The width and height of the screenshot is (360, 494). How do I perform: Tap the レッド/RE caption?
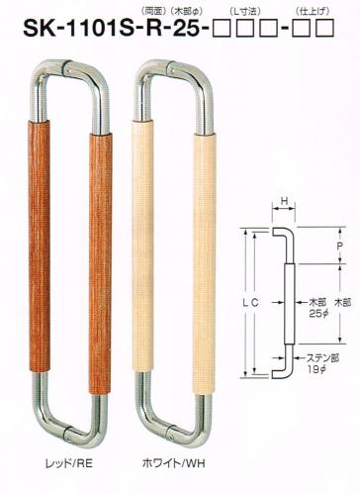coord(69,463)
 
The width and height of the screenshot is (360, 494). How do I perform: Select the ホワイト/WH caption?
coord(174,463)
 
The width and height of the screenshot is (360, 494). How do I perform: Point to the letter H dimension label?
coord(283,200)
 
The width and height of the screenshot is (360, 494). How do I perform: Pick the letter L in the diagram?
coord(246,302)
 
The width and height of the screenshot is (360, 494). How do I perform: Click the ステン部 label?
coord(323,358)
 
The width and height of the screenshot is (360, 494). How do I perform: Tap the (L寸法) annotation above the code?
coord(245,12)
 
